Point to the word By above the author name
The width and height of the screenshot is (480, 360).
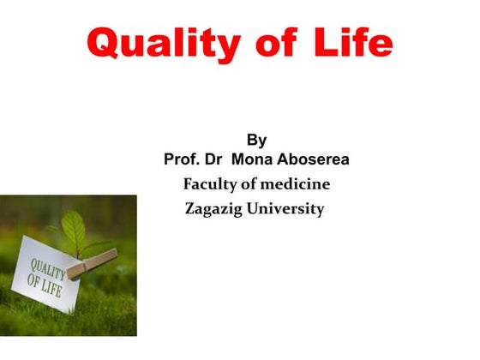click(256, 140)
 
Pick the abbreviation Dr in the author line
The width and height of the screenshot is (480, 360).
click(216, 160)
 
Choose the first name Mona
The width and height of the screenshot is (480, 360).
click(255, 160)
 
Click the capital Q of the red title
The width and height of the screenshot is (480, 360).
click(105, 43)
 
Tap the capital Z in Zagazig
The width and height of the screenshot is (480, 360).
click(191, 209)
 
